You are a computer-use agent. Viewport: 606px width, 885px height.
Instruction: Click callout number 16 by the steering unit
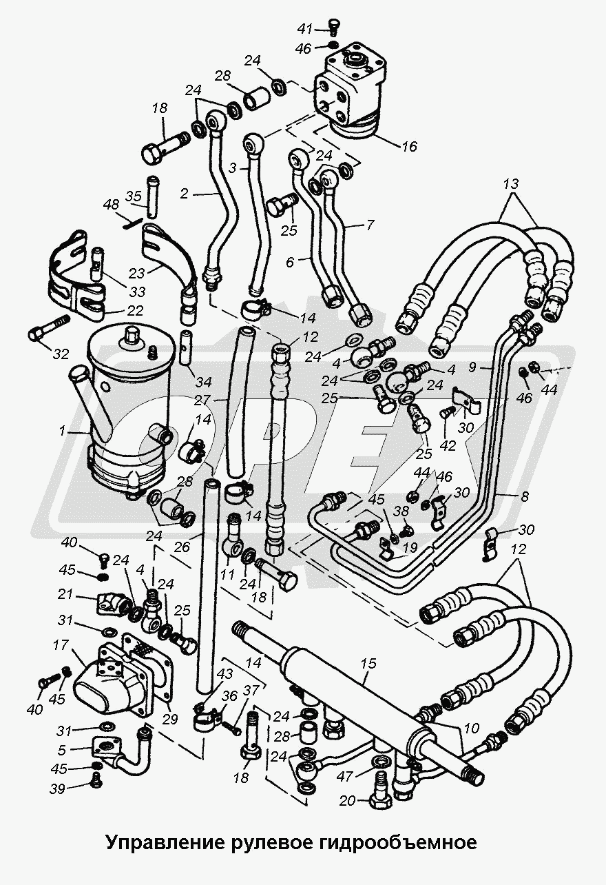pos(410,146)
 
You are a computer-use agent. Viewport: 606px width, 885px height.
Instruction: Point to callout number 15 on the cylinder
pos(368,664)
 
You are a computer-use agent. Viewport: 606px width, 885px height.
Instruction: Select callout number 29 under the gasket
pos(170,718)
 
